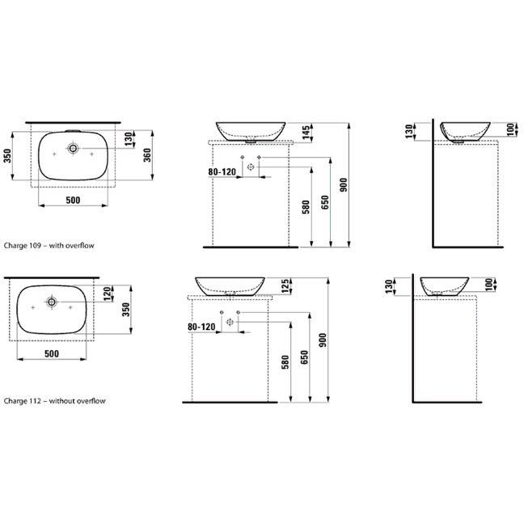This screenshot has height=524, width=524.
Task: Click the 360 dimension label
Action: tap(147, 155)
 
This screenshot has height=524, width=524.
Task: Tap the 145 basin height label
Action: tap(306, 133)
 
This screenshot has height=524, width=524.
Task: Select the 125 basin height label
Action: tap(285, 286)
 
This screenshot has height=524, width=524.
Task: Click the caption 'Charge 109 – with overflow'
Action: tap(49, 246)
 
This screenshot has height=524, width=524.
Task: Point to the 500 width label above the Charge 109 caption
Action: tap(73, 201)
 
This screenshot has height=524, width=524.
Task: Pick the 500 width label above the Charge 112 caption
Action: tap(52, 353)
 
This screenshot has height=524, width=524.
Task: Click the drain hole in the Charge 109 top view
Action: tap(73, 148)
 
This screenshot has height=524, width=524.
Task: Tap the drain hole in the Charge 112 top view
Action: tap(52, 302)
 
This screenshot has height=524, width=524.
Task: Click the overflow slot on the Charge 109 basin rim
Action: tap(73, 131)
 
